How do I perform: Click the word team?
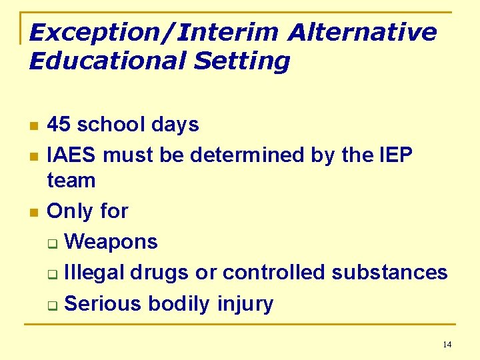pos(71,180)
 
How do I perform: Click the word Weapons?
pos(111,241)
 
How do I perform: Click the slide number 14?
pos(447,345)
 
